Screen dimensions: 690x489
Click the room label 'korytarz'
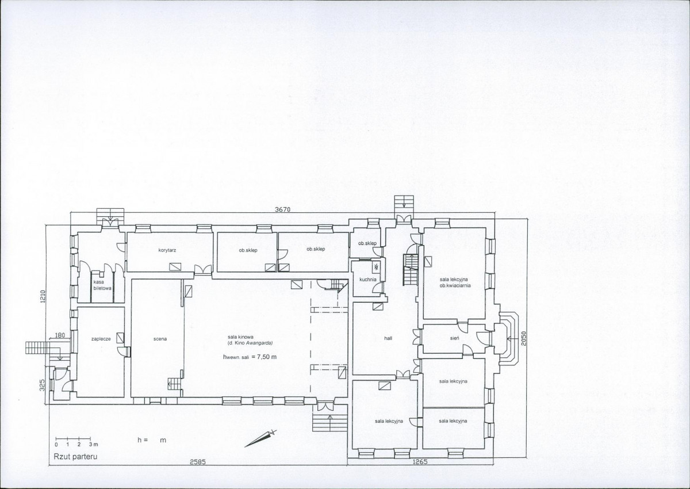pos(167,250)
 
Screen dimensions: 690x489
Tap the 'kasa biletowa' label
pos(102,285)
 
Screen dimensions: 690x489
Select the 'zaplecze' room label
pos(101,339)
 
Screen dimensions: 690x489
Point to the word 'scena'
pos(160,339)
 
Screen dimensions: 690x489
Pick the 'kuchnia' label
pos(368,280)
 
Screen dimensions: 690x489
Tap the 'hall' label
pos(388,338)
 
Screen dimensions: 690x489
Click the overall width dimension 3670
pos(282,209)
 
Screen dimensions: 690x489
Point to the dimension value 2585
pos(197,462)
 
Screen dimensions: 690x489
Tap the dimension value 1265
pos(420,462)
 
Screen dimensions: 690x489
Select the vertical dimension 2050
pos(524,339)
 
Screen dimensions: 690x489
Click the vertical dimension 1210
pos(43,296)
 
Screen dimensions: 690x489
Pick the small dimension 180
pos(60,335)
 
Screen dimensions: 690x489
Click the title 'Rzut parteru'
pos(75,456)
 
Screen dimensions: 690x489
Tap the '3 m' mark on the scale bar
pos(93,444)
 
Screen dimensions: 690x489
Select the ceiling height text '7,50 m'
pos(267,357)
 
